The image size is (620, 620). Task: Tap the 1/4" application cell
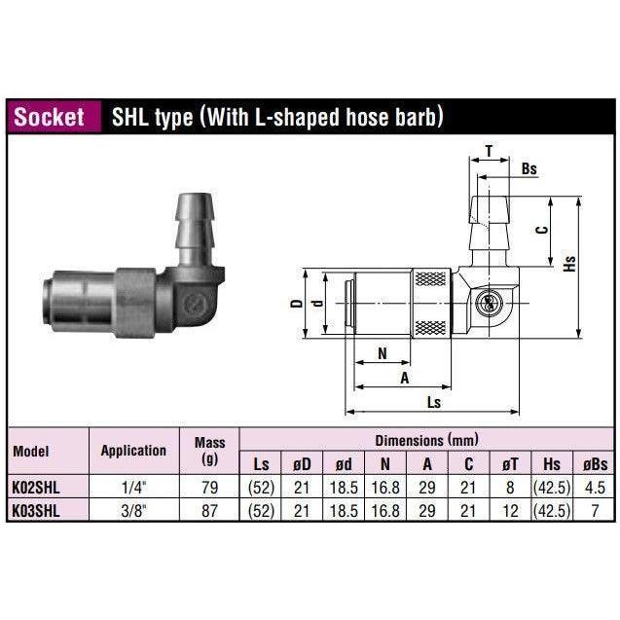[x=133, y=485]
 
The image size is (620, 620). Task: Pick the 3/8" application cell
[x=133, y=506]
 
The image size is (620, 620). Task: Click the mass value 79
[x=209, y=485]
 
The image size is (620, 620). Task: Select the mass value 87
[x=209, y=506]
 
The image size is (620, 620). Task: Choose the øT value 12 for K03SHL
[x=511, y=506]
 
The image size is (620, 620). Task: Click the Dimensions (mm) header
[x=426, y=441]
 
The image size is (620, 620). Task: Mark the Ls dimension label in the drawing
[x=435, y=401]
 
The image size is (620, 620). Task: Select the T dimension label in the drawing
[x=488, y=151]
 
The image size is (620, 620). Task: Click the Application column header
[x=133, y=451]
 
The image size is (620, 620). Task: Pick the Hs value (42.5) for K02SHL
[x=550, y=485]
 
